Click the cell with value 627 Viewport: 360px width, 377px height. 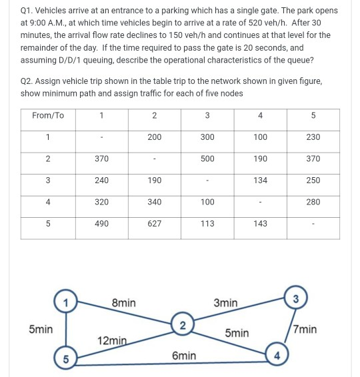tap(154, 224)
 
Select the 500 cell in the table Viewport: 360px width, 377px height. tap(207, 159)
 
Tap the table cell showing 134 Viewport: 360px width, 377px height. tap(261, 181)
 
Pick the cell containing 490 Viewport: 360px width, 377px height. tap(101, 224)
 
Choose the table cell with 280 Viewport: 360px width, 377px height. tap(313, 202)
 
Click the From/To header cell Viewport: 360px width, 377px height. tap(48, 115)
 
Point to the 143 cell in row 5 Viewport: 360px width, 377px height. tap(261, 224)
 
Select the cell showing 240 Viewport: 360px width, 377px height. tap(101, 181)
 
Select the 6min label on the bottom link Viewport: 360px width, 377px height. tap(183, 356)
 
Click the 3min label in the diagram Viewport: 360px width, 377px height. tap(225, 303)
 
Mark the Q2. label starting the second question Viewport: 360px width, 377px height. tap(31, 81)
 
